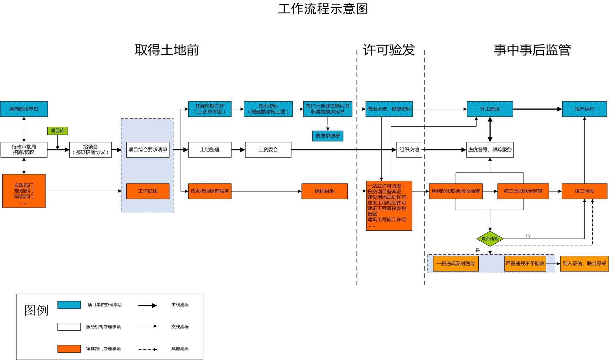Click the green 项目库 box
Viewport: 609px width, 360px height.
click(57, 131)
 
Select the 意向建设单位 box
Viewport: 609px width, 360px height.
click(24, 109)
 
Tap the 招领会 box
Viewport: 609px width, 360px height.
click(90, 149)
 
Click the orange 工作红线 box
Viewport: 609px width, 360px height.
click(148, 191)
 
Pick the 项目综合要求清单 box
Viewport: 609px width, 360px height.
click(148, 149)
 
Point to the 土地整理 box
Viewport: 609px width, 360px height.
click(209, 149)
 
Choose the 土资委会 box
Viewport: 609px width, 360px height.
click(268, 149)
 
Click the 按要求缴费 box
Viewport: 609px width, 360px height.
click(327, 136)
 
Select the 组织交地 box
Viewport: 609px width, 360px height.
click(409, 149)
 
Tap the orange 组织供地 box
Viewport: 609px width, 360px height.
click(324, 191)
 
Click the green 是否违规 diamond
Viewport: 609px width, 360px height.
click(490, 238)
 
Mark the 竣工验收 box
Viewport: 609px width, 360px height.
click(584, 191)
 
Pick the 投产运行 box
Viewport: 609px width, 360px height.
click(584, 109)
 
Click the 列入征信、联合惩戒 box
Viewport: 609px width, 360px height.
click(584, 263)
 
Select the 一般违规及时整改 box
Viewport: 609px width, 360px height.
click(456, 263)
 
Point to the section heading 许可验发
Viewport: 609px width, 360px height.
click(389, 50)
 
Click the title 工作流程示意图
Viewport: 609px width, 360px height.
click(323, 9)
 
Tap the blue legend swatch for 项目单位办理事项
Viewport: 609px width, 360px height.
click(69, 305)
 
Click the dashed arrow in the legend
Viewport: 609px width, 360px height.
click(148, 349)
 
